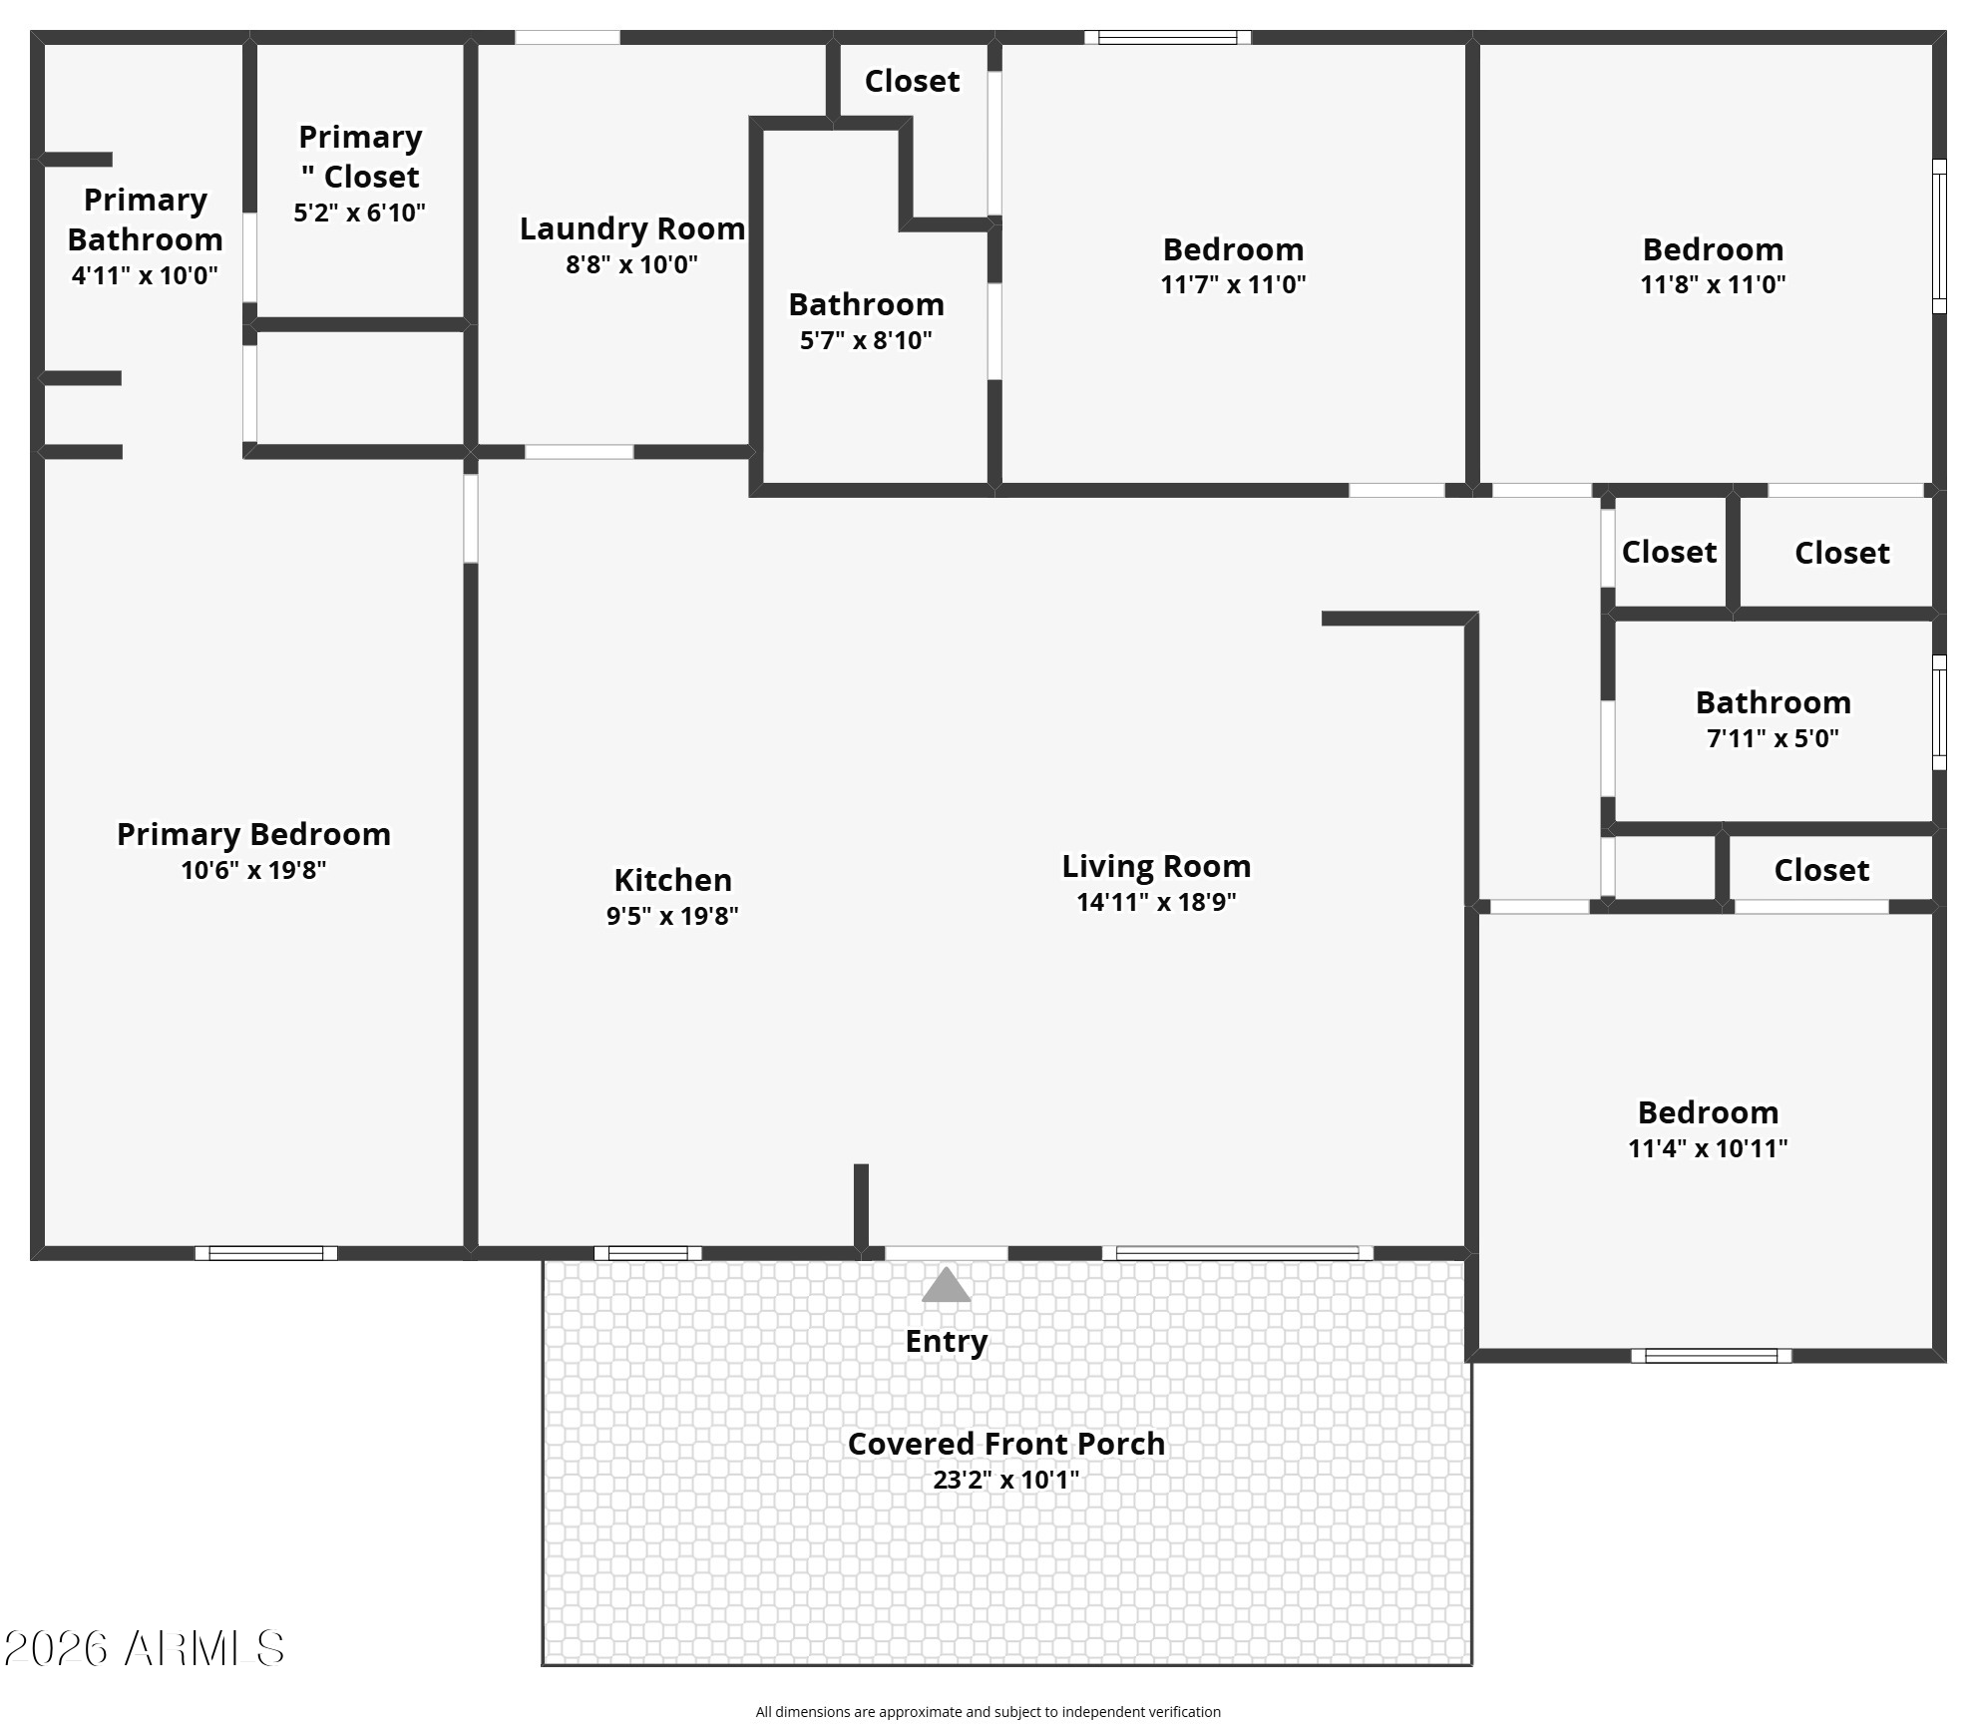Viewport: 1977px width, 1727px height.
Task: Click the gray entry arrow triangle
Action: tap(946, 1285)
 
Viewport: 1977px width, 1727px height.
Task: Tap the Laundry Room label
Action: tap(632, 228)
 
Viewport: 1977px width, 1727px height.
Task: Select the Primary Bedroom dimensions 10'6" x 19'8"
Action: tap(253, 870)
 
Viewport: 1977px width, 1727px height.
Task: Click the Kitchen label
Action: tap(673, 880)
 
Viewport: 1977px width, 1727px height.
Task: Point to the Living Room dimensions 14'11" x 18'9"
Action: tap(1156, 902)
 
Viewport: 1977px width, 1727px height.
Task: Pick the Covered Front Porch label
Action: tap(1006, 1444)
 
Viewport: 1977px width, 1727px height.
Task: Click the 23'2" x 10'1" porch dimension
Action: tap(1006, 1480)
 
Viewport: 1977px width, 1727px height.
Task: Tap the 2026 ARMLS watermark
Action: tap(145, 1649)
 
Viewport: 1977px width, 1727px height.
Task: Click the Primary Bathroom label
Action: tap(146, 219)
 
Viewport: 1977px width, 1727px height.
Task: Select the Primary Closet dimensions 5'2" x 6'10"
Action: tap(359, 213)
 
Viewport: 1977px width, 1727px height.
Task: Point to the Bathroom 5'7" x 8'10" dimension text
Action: tap(866, 340)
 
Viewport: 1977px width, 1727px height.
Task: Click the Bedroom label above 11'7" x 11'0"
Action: tap(1233, 249)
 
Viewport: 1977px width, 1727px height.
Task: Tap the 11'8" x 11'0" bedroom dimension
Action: tap(1713, 284)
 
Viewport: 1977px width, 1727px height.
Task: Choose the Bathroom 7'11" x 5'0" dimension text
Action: tap(1773, 738)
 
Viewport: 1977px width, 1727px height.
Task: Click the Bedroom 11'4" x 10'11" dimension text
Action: tap(1708, 1148)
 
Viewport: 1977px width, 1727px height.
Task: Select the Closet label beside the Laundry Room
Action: tap(912, 81)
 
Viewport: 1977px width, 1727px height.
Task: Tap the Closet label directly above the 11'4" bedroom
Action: tap(1821, 870)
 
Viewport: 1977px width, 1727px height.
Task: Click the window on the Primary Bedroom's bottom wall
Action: tap(266, 1253)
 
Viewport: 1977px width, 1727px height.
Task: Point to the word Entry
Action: tap(947, 1342)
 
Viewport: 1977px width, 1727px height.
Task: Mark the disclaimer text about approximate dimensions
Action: tap(988, 1712)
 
